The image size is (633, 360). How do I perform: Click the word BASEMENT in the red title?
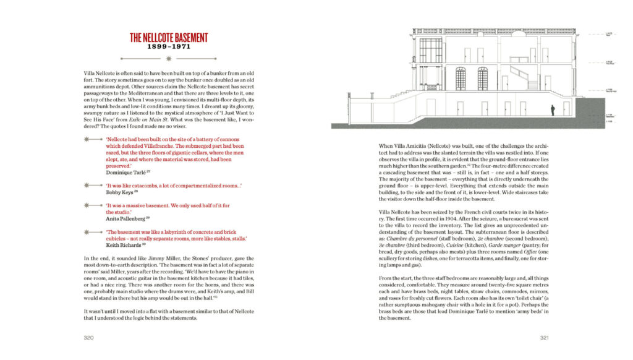click(x=184, y=38)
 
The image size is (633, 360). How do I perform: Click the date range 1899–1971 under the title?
click(x=168, y=47)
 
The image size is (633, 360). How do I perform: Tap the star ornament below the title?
click(x=168, y=59)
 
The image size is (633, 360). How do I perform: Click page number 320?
click(x=89, y=338)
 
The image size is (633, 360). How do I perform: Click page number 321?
click(x=545, y=338)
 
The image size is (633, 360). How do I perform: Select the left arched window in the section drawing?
click(x=461, y=79)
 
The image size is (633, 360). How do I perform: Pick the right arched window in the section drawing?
click(x=482, y=79)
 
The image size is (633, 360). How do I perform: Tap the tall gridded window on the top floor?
click(x=430, y=50)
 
